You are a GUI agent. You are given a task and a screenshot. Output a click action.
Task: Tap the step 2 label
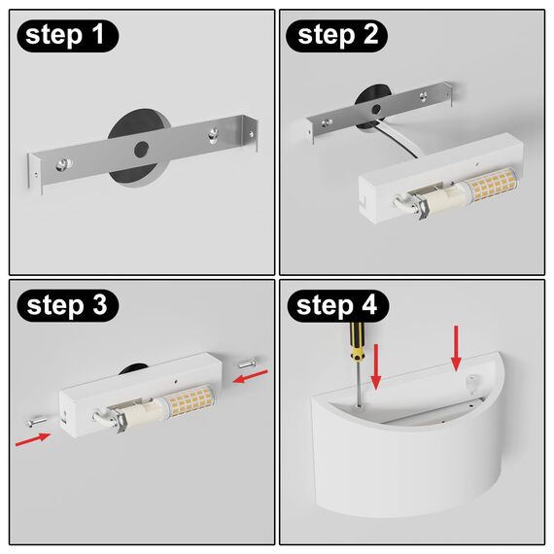tap(336, 36)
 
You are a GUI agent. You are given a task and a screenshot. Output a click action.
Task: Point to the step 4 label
tap(336, 306)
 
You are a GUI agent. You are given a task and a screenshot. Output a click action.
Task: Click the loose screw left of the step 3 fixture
tap(35, 421)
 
